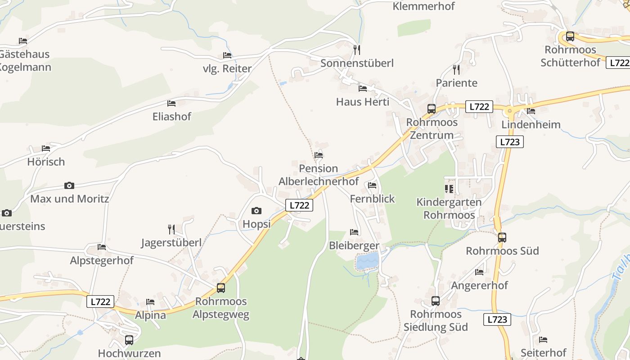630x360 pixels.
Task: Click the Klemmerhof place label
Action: [x=423, y=6]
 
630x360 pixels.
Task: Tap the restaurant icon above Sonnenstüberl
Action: [x=357, y=49]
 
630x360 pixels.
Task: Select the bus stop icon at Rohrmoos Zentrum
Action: [x=431, y=108]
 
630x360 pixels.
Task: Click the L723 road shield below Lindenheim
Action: [x=510, y=142]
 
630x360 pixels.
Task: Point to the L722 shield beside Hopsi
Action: [x=299, y=205]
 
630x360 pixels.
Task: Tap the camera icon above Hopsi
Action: [x=256, y=211]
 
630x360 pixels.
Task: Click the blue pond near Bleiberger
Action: [x=368, y=261]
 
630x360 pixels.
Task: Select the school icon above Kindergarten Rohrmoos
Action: [x=449, y=189]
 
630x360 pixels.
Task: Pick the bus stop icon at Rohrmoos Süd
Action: [x=502, y=237]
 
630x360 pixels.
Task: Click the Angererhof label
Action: [x=479, y=285]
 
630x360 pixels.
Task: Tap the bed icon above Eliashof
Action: [x=171, y=103]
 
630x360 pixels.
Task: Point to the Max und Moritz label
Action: [x=70, y=198]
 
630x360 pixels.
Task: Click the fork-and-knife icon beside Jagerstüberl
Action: [x=171, y=229]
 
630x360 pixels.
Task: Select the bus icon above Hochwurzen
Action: [x=129, y=340]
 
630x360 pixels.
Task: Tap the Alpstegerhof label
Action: [x=102, y=261]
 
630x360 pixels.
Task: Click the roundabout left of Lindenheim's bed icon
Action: [x=510, y=110]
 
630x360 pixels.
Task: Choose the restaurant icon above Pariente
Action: [x=456, y=69]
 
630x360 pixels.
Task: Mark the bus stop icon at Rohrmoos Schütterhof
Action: [x=570, y=36]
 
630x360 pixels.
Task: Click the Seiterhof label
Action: [x=543, y=352]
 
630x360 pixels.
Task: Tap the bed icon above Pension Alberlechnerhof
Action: [x=319, y=155]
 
